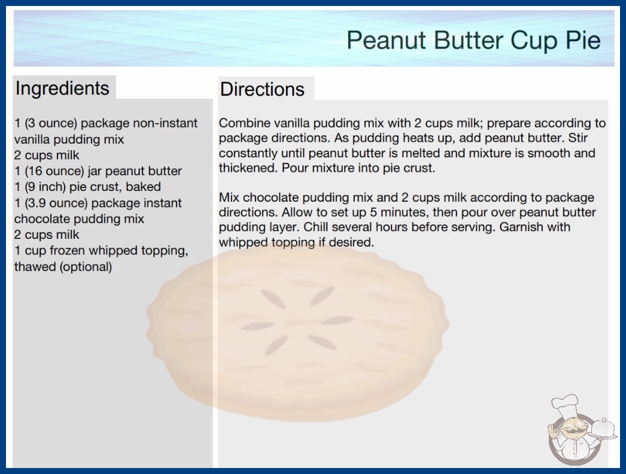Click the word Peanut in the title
click(x=385, y=40)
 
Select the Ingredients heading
click(x=62, y=89)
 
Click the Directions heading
click(x=262, y=89)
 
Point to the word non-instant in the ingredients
click(x=165, y=123)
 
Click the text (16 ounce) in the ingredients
click(x=54, y=171)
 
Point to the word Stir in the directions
click(x=578, y=138)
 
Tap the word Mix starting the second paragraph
click(x=229, y=197)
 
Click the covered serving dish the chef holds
click(x=604, y=429)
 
